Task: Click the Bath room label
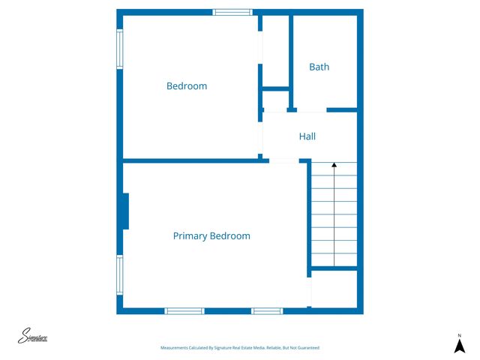point(319,67)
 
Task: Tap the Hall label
point(307,136)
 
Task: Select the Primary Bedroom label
point(211,235)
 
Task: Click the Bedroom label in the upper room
point(187,86)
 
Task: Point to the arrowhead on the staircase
point(334,164)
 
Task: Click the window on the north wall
point(232,12)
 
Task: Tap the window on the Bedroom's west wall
point(119,49)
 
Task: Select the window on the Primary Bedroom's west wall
point(119,275)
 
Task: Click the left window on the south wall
point(184,310)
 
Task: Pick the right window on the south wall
point(266,310)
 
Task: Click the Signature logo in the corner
point(33,337)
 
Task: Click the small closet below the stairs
point(334,289)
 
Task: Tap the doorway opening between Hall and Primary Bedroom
point(284,160)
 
